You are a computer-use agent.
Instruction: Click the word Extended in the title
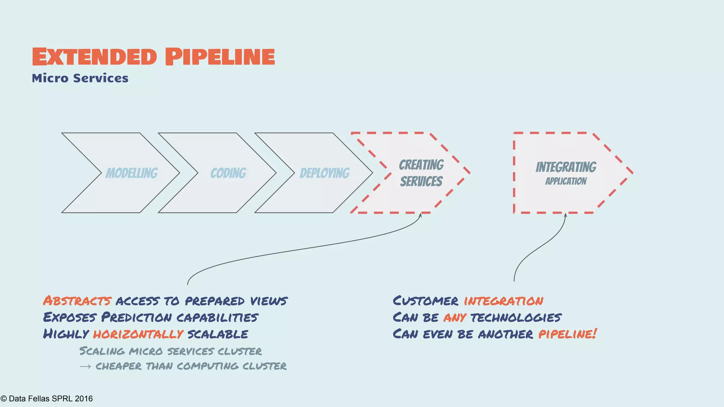94,57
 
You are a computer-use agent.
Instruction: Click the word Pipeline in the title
220,57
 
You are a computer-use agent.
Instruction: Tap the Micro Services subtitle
80,78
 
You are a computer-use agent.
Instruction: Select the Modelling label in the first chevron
132,173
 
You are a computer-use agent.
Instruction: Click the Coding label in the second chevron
228,173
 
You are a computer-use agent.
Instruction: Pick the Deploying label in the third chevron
325,173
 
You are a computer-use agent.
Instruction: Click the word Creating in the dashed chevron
421,165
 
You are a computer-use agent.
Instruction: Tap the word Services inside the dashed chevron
421,182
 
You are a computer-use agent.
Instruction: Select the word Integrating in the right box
566,167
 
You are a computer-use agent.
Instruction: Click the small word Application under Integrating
566,181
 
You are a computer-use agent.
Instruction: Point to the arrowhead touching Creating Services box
420,215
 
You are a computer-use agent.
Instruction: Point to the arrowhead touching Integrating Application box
565,215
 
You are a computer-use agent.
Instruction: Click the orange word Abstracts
77,301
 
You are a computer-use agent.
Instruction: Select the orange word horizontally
138,334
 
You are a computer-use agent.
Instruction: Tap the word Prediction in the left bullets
137,317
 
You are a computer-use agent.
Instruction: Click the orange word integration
503,301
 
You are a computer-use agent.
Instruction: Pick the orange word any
455,318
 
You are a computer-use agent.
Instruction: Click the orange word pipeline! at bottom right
567,334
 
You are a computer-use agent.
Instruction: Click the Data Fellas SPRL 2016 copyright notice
47,399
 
